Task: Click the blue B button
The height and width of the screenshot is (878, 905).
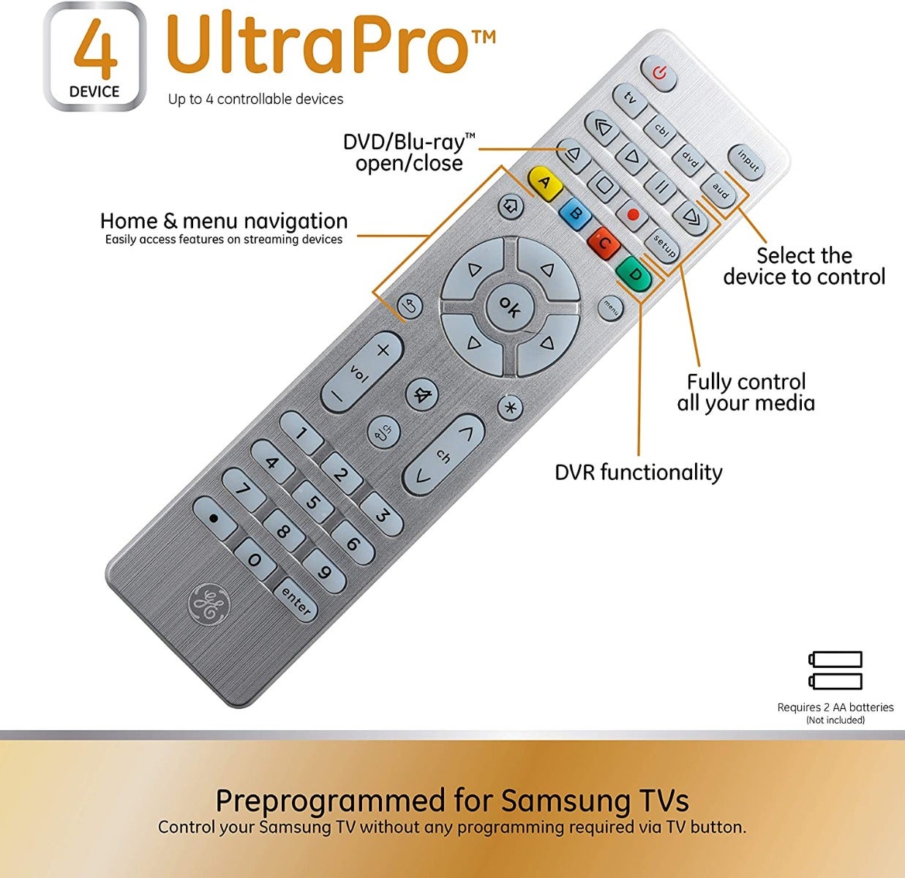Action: tap(576, 214)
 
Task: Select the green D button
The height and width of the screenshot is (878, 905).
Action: tap(634, 274)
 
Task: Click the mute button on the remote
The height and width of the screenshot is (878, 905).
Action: tap(421, 395)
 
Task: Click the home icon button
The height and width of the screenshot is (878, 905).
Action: tap(511, 206)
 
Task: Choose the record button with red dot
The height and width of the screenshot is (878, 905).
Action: tap(633, 215)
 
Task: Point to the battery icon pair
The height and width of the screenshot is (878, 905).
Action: tap(835, 670)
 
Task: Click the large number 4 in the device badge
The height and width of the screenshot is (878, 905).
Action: tap(95, 49)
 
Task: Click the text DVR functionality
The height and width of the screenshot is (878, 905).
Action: tap(639, 473)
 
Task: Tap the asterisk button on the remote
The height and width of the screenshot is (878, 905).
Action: tap(510, 408)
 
